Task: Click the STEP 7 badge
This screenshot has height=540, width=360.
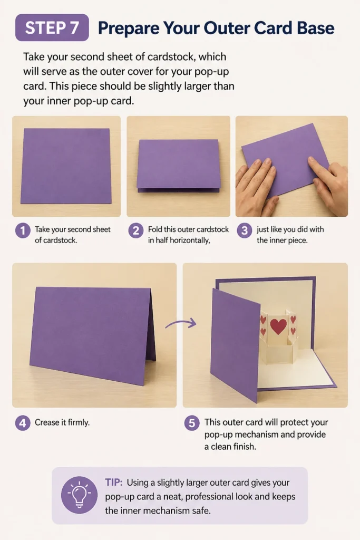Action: click(52, 27)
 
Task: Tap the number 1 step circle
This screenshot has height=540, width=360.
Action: click(23, 230)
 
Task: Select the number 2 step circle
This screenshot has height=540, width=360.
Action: click(136, 230)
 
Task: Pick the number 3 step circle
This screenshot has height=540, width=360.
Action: click(245, 230)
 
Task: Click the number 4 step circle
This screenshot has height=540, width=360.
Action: click(23, 422)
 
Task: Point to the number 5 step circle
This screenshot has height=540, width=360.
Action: click(192, 422)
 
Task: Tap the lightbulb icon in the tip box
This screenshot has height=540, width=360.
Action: click(79, 495)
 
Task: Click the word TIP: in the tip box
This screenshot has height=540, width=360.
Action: click(113, 482)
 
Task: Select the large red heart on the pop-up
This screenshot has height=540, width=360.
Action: click(278, 325)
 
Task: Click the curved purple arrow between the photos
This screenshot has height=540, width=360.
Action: click(181, 323)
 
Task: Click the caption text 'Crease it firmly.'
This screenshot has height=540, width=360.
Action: click(62, 422)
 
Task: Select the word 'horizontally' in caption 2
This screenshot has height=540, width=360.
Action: click(190, 240)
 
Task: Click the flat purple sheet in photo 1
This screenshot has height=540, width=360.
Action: click(66, 166)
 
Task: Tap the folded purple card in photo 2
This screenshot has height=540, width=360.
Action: click(178, 165)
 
